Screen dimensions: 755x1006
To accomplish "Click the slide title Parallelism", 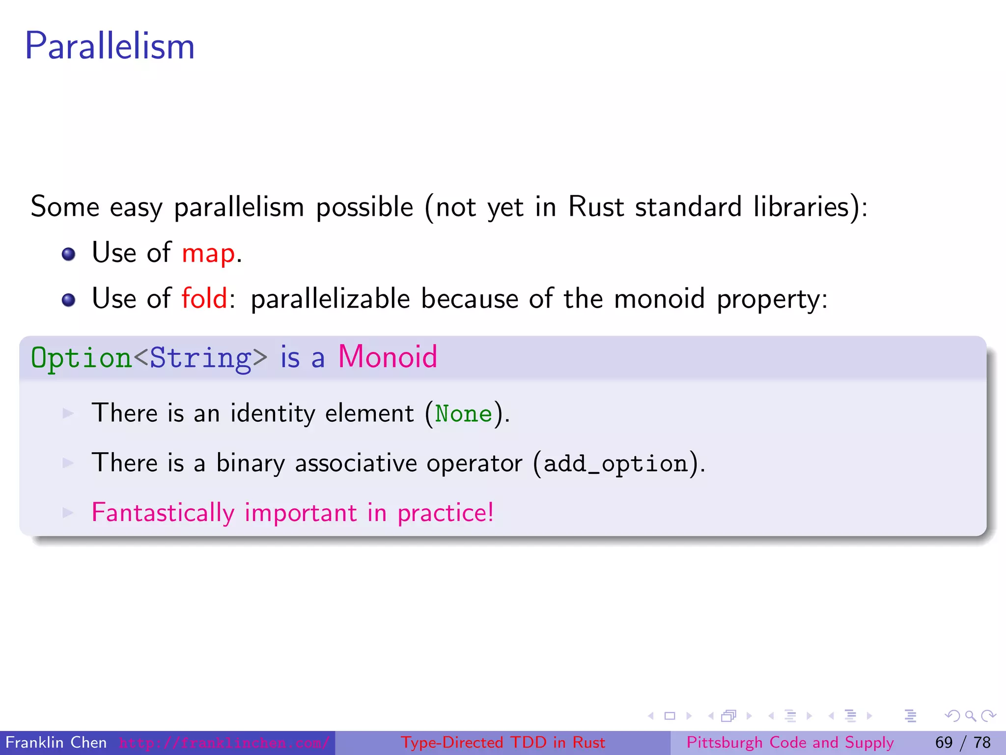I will [110, 46].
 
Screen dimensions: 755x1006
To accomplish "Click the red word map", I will [208, 254].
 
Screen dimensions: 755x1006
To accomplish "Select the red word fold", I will [204, 298].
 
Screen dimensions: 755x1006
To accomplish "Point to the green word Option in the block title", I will [81, 358].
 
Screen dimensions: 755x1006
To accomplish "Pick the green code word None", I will [463, 414].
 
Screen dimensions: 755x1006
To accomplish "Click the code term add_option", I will [615, 464].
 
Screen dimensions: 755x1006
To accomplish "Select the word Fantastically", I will [163, 513].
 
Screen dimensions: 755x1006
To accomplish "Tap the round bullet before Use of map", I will [68, 254].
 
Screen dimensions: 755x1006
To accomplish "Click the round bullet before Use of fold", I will [68, 300].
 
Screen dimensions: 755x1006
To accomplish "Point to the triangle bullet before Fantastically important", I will [68, 513].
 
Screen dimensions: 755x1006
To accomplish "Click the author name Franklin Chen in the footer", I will [56, 742].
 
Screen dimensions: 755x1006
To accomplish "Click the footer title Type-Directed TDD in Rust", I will [503, 742].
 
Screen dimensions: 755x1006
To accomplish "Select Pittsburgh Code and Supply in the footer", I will [790, 742].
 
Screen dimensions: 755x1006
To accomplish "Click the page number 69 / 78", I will [963, 742].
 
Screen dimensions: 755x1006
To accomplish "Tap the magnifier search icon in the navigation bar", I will [970, 716].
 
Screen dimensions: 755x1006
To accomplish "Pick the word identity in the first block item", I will [273, 413].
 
